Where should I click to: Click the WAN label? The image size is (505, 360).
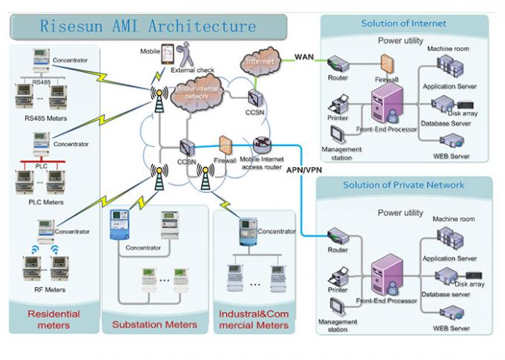coord(304,56)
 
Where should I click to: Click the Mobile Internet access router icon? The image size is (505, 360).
coord(262,145)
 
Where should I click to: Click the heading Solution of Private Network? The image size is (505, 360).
coord(403,185)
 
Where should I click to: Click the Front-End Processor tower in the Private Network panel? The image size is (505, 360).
coord(385,274)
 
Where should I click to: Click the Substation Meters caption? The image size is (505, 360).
coord(154,324)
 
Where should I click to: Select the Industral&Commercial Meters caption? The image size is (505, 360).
coord(252,320)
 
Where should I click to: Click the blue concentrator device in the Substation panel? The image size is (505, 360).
coord(119,223)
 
